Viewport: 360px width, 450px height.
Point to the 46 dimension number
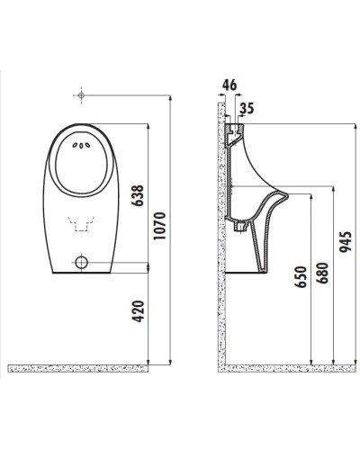(229, 85)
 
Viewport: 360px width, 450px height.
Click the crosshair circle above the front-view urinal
(81, 94)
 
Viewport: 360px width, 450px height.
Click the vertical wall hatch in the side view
(218, 234)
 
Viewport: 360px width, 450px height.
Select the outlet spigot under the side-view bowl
(240, 226)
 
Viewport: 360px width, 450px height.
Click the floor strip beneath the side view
(279, 368)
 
